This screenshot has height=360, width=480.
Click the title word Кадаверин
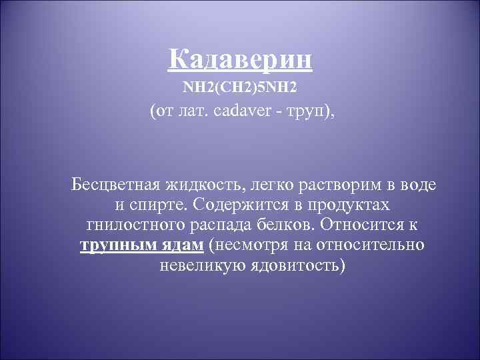(x=240, y=60)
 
